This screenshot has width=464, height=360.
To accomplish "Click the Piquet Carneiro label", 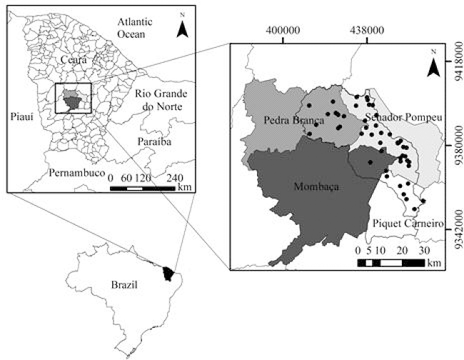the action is [x=404, y=224].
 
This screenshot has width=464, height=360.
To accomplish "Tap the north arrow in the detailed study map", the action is [x=433, y=64].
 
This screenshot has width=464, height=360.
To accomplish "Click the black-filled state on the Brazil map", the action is [x=169, y=272].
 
